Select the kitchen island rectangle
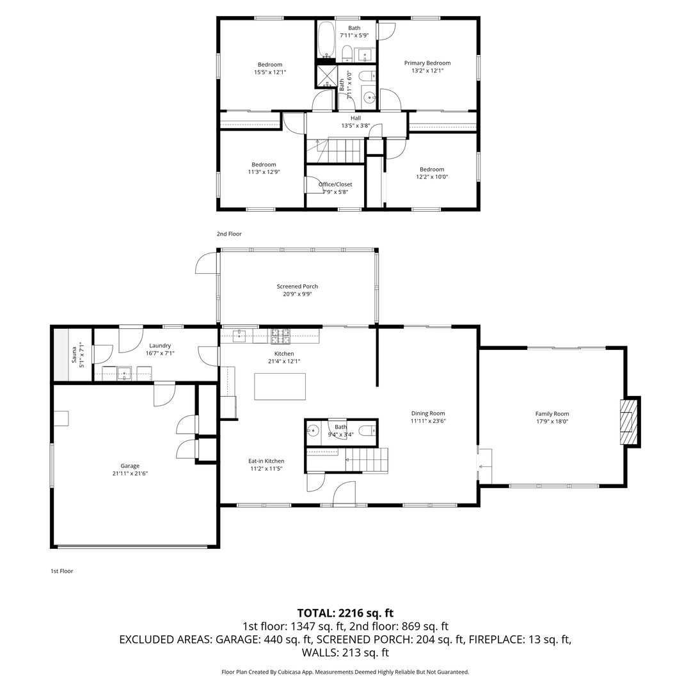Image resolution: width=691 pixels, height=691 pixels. (x=280, y=386)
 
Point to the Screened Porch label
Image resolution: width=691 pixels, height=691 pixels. (x=297, y=287)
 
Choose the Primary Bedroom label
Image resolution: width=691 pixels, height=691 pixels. (x=427, y=63)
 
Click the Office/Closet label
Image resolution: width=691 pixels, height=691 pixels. (x=335, y=184)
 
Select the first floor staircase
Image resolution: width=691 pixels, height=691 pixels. (x=367, y=459)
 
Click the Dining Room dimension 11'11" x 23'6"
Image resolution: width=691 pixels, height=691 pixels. (x=427, y=421)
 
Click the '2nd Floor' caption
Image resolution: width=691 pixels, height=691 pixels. (x=229, y=234)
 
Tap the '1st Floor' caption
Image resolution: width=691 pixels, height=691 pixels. (x=61, y=571)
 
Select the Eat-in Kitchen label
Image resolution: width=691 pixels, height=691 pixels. (x=266, y=461)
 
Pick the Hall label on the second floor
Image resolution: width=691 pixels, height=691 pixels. (x=355, y=118)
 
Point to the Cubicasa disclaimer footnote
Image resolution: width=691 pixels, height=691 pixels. (x=345, y=672)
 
